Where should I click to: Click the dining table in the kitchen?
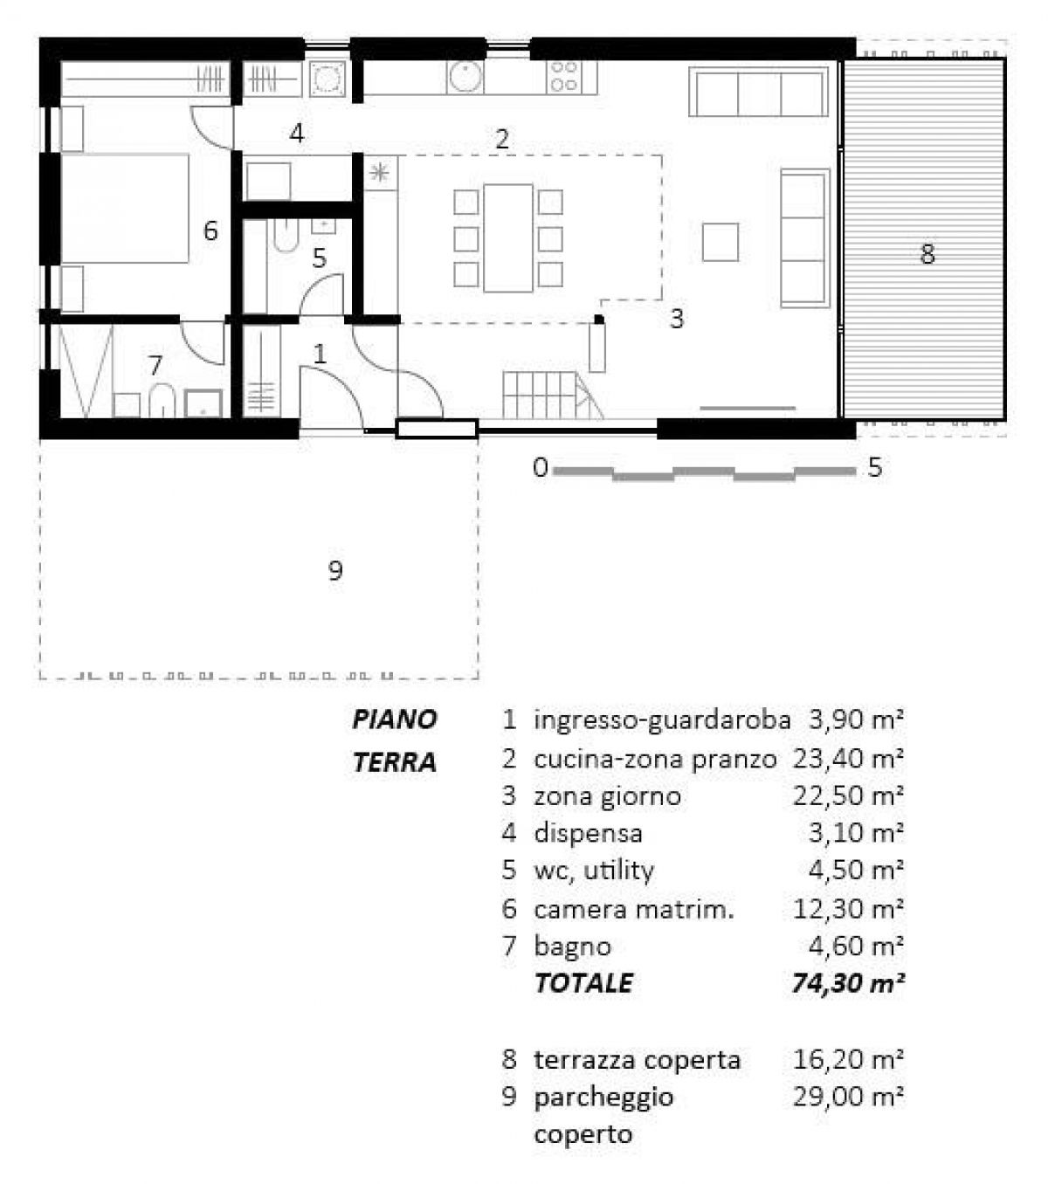pos(507,237)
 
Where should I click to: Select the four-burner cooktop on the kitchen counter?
pos(563,77)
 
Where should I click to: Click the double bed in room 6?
pos(125,208)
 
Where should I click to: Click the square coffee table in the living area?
pos(720,242)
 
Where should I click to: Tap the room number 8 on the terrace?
pos(927,254)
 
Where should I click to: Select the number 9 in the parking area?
pos(334,571)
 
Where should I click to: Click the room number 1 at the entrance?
pos(320,354)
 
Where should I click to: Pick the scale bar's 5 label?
pos(874,468)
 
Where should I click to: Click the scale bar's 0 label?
pos(540,468)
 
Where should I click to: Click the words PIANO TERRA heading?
pos(395,740)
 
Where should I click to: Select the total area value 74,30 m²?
pos(847,983)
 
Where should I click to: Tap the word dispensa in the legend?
pos(588,833)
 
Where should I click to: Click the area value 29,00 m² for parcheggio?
pos(847,1097)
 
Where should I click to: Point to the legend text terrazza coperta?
pos(637,1060)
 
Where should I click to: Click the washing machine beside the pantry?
pos(327,79)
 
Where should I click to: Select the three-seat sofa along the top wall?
pos(757,93)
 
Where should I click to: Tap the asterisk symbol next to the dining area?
pos(380,173)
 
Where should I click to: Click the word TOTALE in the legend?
pos(583,983)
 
